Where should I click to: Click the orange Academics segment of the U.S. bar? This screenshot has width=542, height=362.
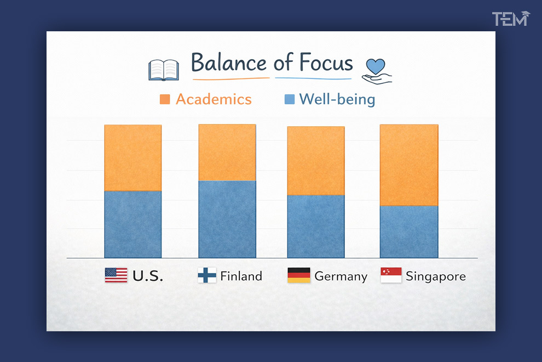[133, 158]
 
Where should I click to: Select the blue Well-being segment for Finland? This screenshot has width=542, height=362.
[227, 219]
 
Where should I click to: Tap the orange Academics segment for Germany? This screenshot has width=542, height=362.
[316, 161]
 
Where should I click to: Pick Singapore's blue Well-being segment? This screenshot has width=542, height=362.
[409, 231]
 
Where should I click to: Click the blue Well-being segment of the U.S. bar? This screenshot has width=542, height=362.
[133, 224]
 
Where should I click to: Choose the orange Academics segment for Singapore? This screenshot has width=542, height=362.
[409, 165]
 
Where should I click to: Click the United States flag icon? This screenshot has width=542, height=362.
[116, 275]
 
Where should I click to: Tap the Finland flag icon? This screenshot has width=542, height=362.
[207, 275]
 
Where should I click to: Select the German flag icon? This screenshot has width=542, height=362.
[299, 275]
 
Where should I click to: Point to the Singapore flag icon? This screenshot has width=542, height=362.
[391, 275]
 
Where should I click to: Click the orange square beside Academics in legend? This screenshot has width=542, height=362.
[165, 99]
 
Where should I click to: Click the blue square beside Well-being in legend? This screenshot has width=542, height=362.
[290, 99]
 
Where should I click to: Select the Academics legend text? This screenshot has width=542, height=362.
[214, 99]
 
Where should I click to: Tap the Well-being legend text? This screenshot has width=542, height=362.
[337, 99]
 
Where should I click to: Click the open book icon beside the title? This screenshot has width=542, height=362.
[164, 70]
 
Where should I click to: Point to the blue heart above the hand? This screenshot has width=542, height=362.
[376, 66]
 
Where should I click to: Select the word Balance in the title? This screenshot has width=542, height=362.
[229, 63]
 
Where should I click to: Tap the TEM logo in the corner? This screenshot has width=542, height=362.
[510, 19]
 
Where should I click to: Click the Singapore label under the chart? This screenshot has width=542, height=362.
[436, 276]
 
